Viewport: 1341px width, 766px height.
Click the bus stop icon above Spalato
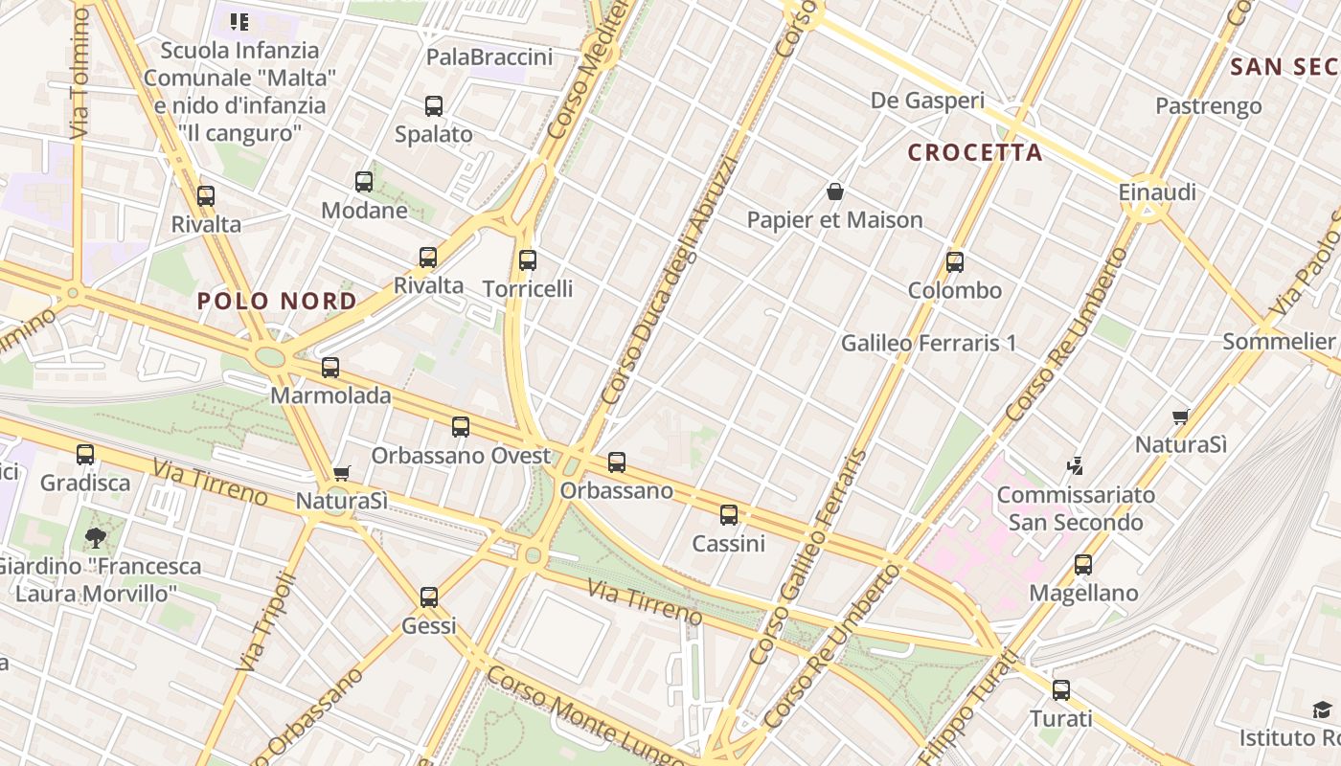(434, 106)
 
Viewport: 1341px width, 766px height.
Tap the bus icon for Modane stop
(364, 182)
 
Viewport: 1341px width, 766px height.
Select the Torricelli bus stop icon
(527, 260)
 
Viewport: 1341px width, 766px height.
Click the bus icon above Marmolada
(330, 368)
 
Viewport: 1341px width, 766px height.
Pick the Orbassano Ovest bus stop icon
(461, 427)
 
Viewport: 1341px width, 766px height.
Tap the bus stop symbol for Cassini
(729, 515)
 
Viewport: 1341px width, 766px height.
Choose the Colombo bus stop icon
(955, 262)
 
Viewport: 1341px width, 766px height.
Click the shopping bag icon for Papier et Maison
(835, 192)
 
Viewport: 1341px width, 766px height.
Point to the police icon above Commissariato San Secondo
(1075, 467)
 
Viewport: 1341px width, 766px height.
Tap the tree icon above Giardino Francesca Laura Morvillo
(95, 538)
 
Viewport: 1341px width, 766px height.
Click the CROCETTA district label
(975, 152)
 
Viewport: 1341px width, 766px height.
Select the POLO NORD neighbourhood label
(277, 301)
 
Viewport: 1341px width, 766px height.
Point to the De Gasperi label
(927, 101)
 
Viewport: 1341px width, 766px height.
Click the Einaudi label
(1157, 192)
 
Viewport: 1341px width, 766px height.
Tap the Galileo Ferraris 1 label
(928, 343)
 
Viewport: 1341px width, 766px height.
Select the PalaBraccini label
(489, 57)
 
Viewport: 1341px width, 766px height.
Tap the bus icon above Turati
(1061, 690)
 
